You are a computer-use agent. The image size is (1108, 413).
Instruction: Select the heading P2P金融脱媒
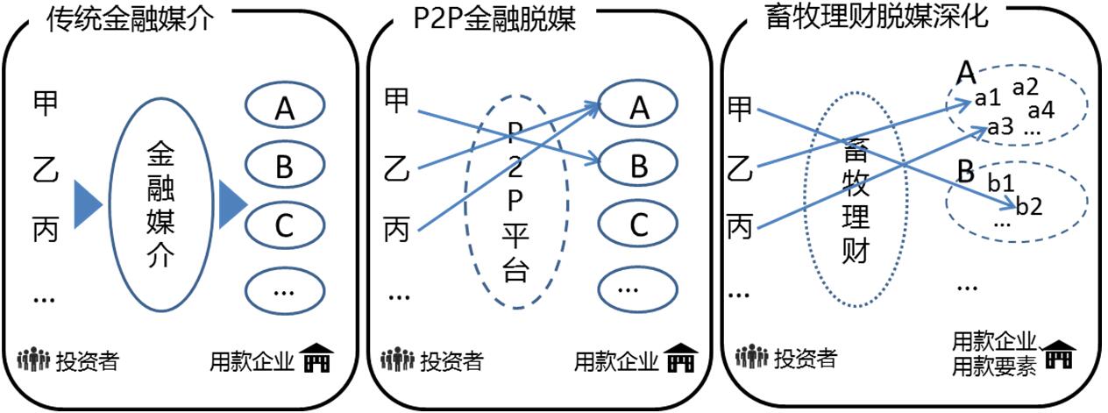tap(494, 19)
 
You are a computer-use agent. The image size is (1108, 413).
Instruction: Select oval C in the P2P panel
tap(639, 225)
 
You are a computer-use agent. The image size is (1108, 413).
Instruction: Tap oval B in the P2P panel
tap(639, 166)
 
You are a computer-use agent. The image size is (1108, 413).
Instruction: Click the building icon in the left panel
tap(316, 359)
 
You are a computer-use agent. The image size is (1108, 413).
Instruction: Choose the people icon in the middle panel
tap(397, 360)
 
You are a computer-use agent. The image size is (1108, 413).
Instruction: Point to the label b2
tap(1029, 208)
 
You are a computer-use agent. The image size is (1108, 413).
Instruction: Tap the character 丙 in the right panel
tap(741, 228)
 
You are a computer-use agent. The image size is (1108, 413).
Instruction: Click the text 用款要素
tap(994, 366)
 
